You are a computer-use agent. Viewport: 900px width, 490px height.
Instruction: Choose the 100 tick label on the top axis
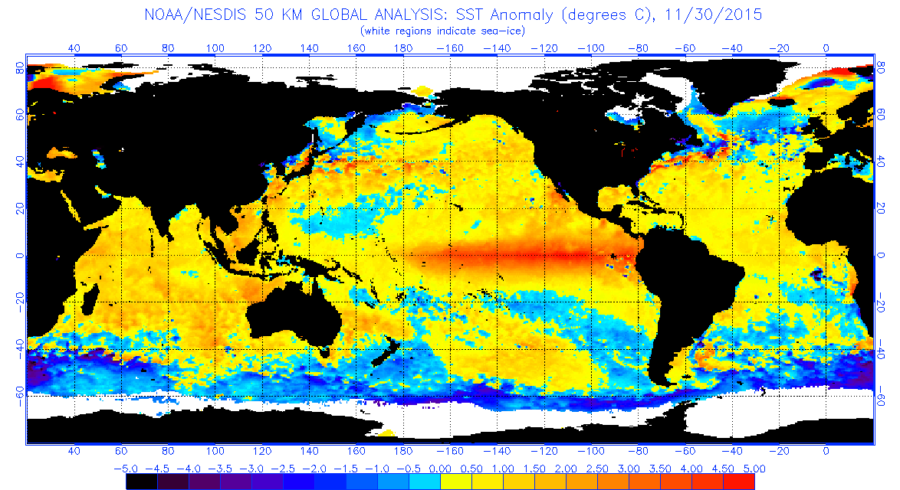point(215,47)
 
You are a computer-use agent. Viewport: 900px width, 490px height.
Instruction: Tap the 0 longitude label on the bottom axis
point(826,451)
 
